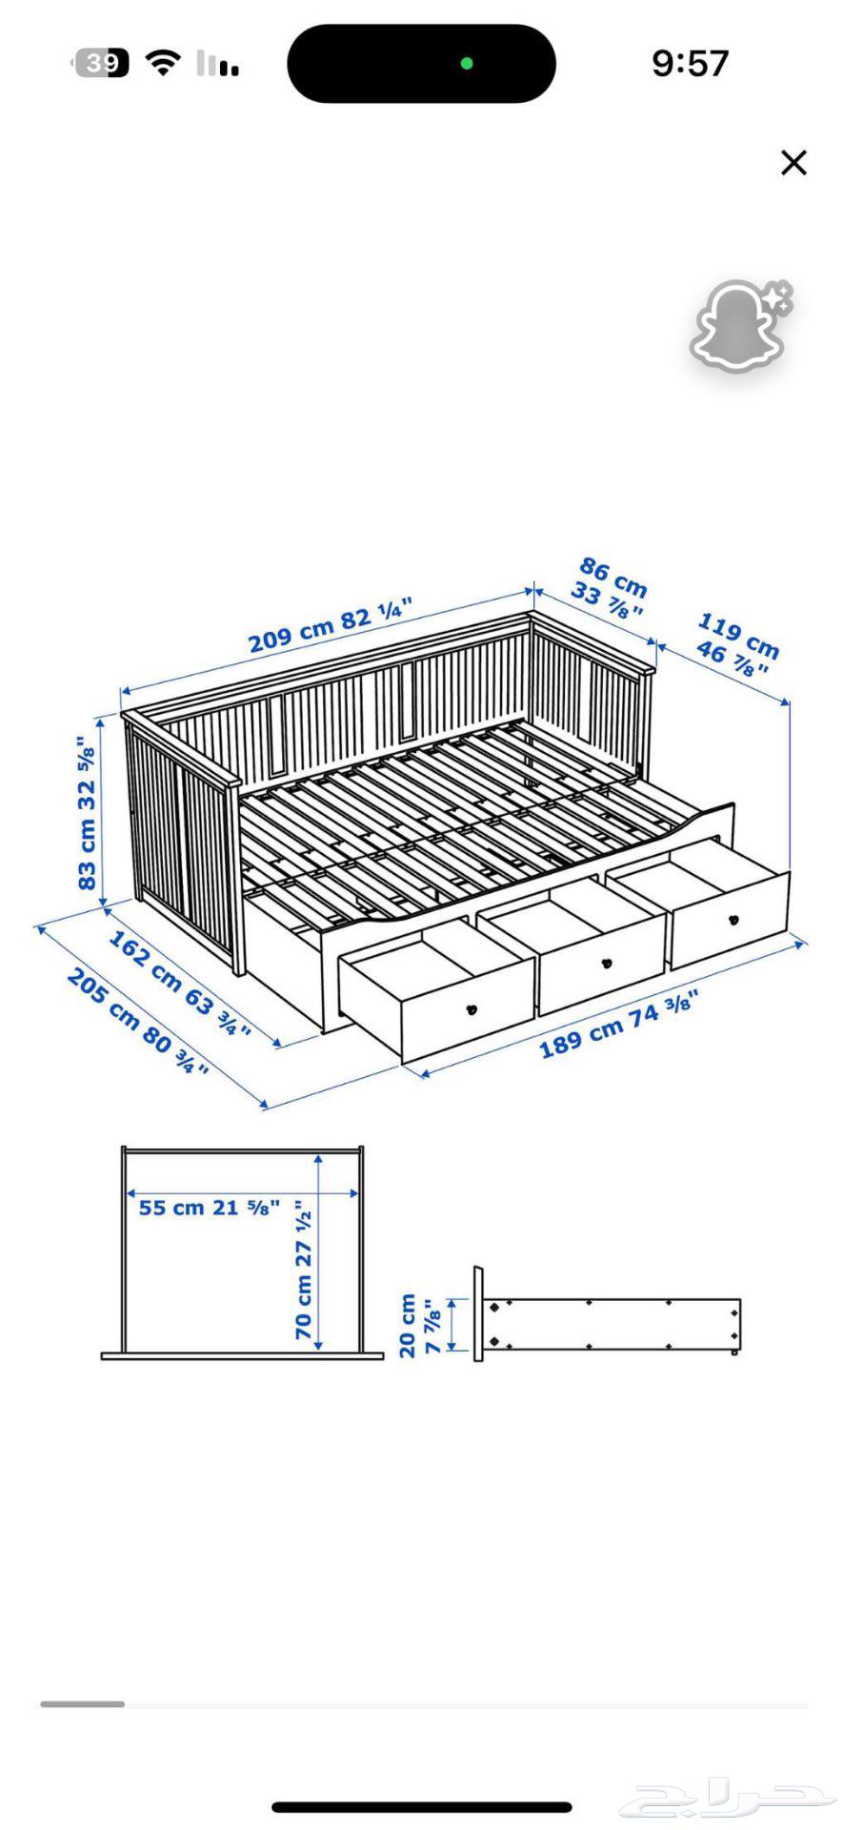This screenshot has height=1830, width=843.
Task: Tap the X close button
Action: (x=793, y=163)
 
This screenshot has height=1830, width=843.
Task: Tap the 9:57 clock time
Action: (x=690, y=64)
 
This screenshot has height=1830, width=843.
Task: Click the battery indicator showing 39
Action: (x=101, y=64)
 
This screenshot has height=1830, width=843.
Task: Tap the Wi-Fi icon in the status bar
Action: (x=163, y=64)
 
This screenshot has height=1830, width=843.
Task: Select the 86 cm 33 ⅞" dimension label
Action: (x=609, y=587)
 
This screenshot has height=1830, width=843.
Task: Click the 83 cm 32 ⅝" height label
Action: (x=88, y=813)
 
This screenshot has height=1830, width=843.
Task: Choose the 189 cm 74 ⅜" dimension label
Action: (x=619, y=1025)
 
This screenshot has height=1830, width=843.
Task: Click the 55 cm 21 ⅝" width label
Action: (x=210, y=1208)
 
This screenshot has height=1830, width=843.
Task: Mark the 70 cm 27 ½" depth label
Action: (x=304, y=1270)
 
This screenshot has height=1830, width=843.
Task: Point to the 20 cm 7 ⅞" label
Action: (x=419, y=1325)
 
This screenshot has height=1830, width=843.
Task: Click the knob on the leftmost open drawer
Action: (x=471, y=1009)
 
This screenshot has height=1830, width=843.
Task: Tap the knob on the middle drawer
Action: (x=607, y=963)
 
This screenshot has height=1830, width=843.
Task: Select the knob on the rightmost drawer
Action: (x=733, y=920)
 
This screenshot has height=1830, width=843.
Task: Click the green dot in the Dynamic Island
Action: (x=467, y=64)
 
